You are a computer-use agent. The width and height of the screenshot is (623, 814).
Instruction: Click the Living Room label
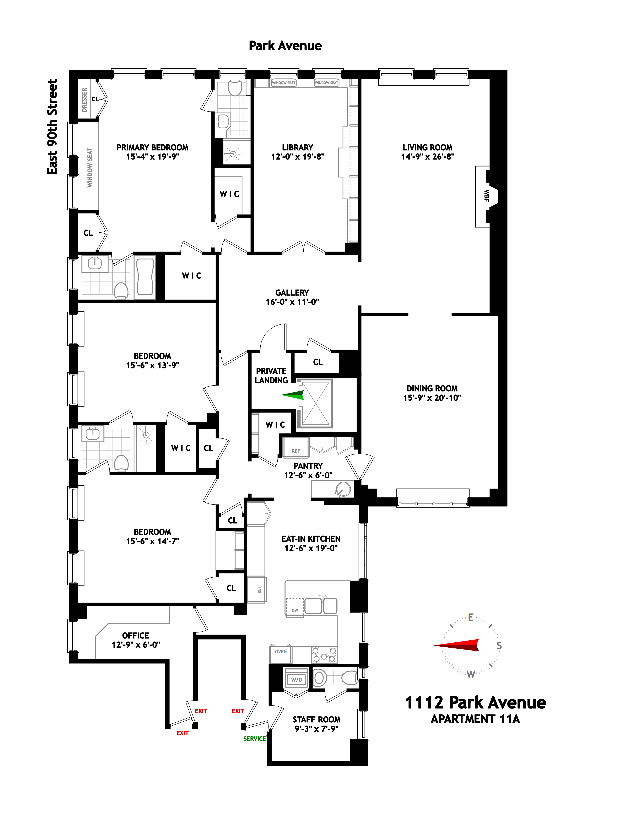tap(427, 147)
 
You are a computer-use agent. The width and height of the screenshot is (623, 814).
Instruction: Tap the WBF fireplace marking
tap(486, 196)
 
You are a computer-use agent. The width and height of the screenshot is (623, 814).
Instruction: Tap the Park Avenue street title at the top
tap(285, 46)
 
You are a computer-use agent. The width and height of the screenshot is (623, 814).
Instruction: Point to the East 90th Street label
tap(53, 127)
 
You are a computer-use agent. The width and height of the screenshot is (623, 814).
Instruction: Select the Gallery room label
tap(292, 293)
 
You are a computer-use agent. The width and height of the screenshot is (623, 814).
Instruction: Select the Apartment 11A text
tap(475, 719)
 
